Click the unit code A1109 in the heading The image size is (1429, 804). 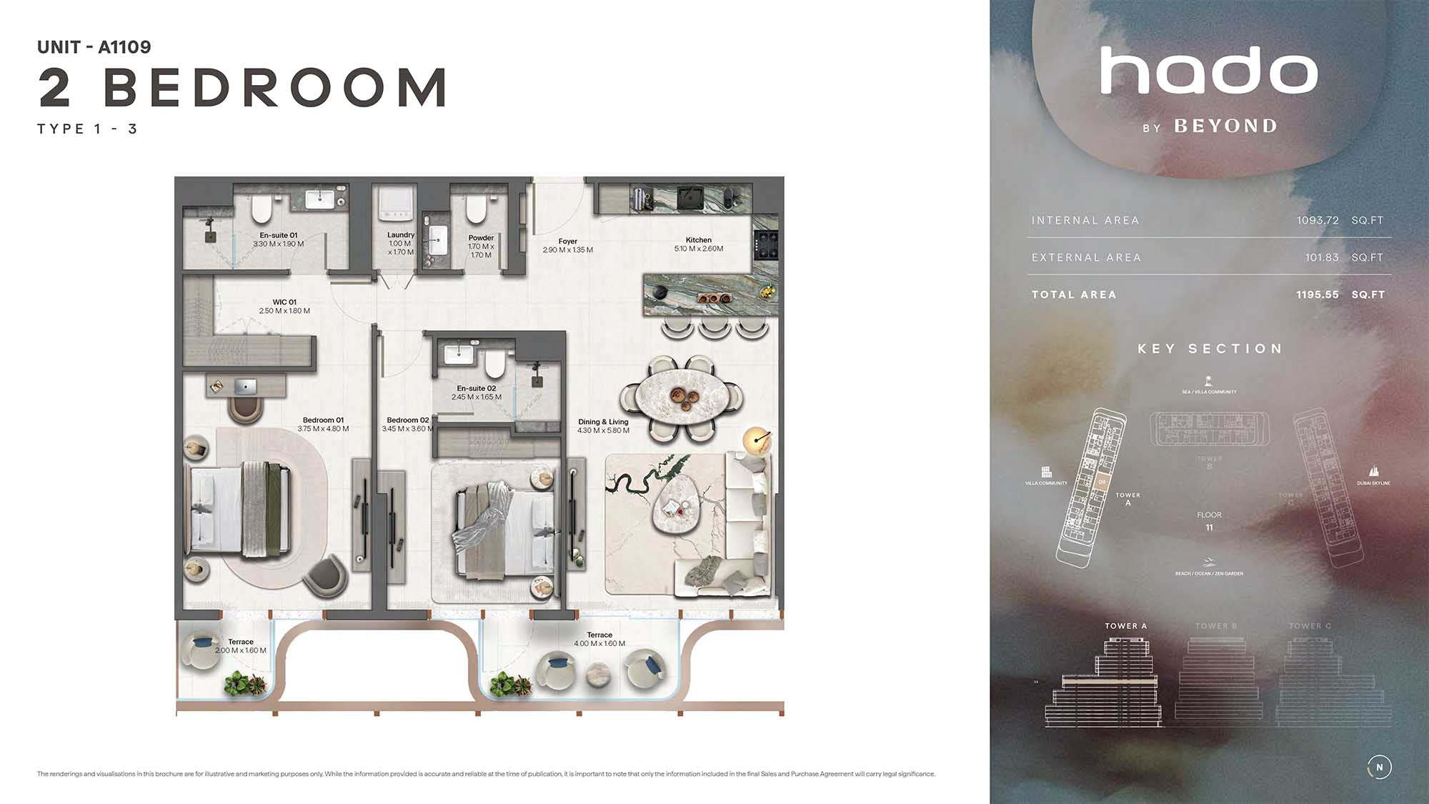(x=124, y=47)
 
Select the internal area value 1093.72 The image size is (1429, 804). (x=1318, y=221)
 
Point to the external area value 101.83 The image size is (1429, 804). (x=1322, y=258)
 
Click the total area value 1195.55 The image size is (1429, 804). (x=1318, y=295)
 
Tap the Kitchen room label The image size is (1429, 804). (x=698, y=240)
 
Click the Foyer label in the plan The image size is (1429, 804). (x=568, y=242)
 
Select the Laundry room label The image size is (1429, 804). (x=401, y=235)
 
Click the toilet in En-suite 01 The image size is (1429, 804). (x=262, y=208)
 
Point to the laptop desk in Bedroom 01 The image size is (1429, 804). (x=246, y=387)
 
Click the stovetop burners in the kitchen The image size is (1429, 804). (x=766, y=244)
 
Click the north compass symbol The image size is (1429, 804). (x=1379, y=768)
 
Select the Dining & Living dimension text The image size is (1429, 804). (x=603, y=431)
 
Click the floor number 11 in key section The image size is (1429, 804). (x=1209, y=528)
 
